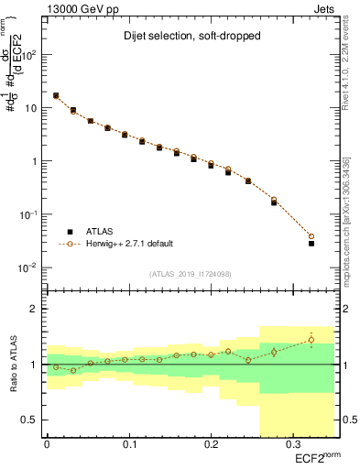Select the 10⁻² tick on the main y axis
[x=29, y=267]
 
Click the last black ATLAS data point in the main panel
[x=311, y=244]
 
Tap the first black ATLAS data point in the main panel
[x=56, y=95]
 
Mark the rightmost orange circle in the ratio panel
[x=311, y=340]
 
